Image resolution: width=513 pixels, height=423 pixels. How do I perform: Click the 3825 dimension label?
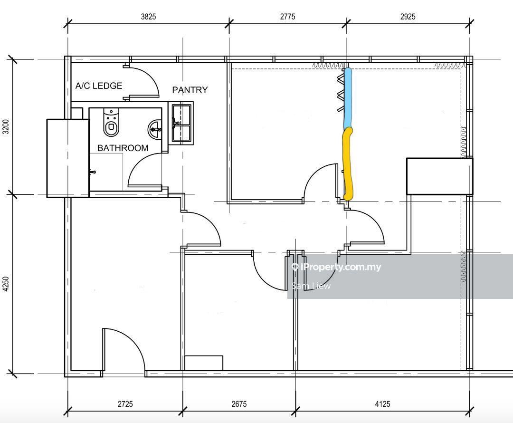click(x=148, y=16)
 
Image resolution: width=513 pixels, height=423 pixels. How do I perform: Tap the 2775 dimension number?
click(x=287, y=16)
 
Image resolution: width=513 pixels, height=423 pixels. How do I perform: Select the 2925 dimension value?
click(x=408, y=16)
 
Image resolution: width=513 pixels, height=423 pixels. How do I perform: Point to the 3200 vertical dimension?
click(x=6, y=127)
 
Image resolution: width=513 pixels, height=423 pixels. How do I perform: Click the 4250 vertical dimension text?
click(x=6, y=284)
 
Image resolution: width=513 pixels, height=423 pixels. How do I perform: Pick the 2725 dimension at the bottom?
click(x=125, y=404)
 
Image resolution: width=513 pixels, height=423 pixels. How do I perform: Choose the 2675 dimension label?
click(x=239, y=404)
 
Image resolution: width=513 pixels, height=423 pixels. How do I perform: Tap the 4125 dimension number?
click(x=382, y=404)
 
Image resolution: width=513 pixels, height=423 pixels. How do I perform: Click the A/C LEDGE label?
click(x=99, y=86)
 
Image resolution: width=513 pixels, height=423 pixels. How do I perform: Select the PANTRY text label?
click(x=190, y=90)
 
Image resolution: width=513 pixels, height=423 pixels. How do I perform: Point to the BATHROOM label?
click(x=123, y=148)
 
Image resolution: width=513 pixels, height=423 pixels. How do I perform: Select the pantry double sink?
click(x=181, y=123)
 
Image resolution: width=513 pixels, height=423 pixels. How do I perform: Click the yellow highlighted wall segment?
click(x=348, y=163)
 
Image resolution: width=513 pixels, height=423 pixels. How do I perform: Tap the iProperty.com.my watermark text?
click(x=336, y=267)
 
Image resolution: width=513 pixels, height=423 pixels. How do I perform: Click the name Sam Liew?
click(x=311, y=286)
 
